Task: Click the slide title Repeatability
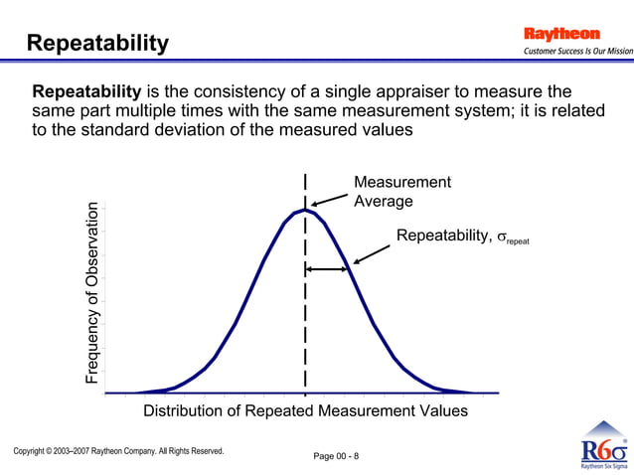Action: point(97,44)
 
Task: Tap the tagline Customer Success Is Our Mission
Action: point(577,52)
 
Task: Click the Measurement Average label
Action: point(401,191)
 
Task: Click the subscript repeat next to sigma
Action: point(525,241)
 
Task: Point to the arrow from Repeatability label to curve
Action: point(371,253)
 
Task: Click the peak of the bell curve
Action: point(305,210)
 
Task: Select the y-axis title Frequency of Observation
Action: point(92,294)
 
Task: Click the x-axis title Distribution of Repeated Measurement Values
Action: point(305,410)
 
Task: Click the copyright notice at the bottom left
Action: point(118,451)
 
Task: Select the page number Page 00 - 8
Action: point(336,456)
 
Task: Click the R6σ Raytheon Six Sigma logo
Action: point(602,446)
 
